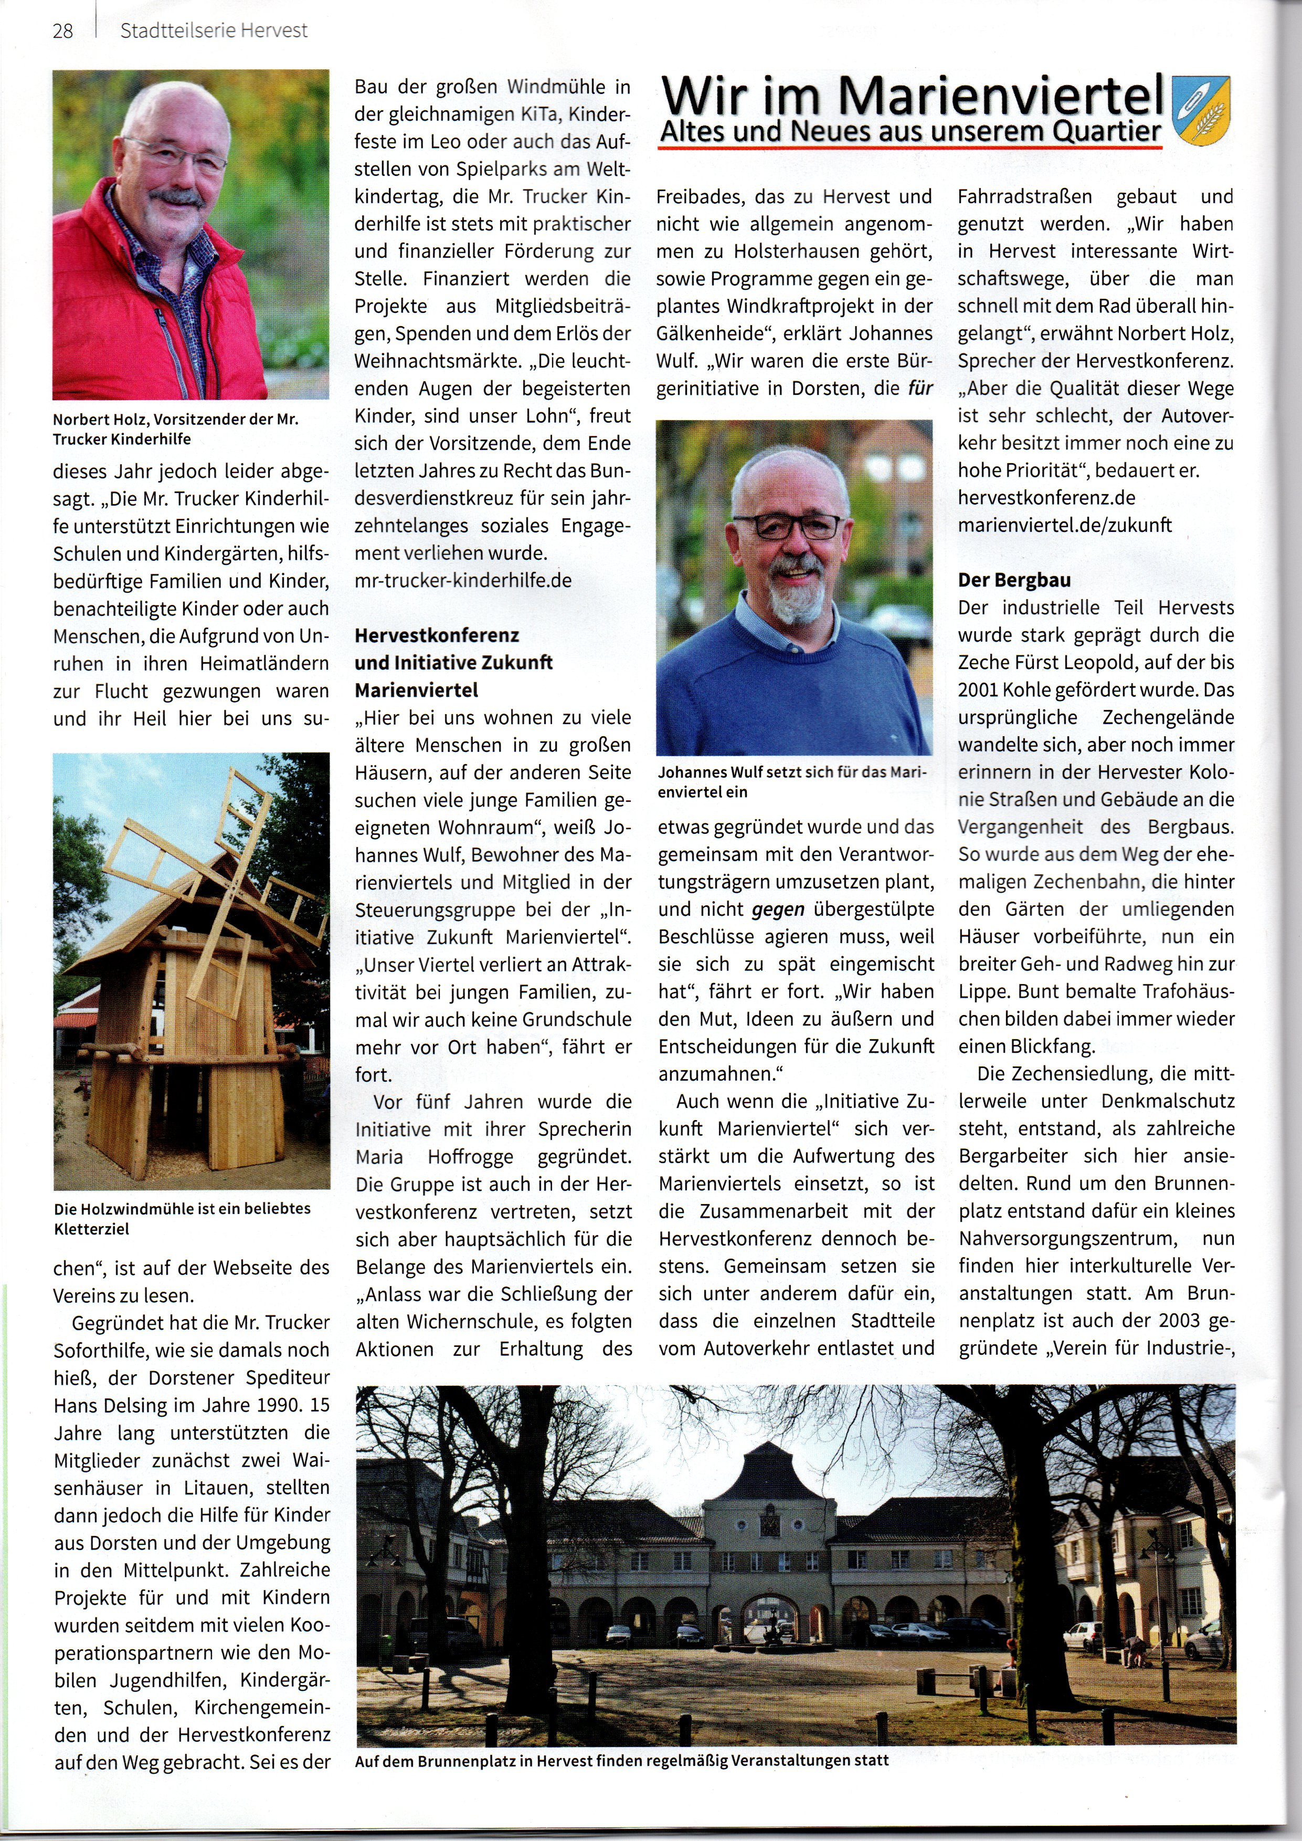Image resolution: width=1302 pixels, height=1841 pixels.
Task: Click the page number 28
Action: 62,32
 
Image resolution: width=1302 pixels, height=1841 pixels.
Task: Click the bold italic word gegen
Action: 778,909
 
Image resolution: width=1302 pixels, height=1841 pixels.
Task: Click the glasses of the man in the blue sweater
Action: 787,526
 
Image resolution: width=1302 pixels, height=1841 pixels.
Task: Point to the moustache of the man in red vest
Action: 176,198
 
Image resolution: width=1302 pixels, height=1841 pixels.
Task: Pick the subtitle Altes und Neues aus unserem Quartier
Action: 910,132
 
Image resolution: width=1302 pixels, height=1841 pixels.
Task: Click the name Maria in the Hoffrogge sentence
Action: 379,1157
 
